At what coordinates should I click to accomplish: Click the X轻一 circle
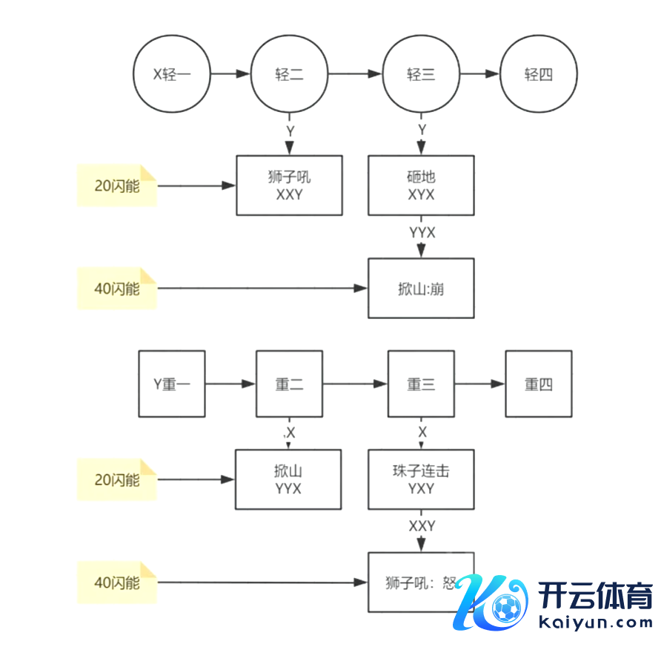point(171,74)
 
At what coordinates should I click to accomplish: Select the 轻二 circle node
point(289,74)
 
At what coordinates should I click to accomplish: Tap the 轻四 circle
point(538,74)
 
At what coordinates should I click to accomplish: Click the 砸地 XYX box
point(421,185)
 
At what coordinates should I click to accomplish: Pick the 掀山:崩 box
point(421,288)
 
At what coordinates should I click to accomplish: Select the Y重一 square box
point(172,384)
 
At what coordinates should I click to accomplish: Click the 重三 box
point(421,384)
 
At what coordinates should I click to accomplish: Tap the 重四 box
point(538,384)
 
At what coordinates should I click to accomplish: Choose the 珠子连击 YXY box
point(421,479)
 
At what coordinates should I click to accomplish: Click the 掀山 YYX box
point(288,479)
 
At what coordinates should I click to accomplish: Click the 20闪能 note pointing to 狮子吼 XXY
point(117,185)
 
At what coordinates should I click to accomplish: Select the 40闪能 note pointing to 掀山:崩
point(117,288)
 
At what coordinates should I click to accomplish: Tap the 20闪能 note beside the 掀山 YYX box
point(117,479)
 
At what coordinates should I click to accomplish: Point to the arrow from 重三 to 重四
point(479,384)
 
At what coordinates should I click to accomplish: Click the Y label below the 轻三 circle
point(422,130)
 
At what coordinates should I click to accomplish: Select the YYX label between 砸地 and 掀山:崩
point(422,233)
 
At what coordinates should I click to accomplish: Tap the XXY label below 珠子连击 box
point(422,525)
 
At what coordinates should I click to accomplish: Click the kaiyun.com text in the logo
point(594,621)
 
